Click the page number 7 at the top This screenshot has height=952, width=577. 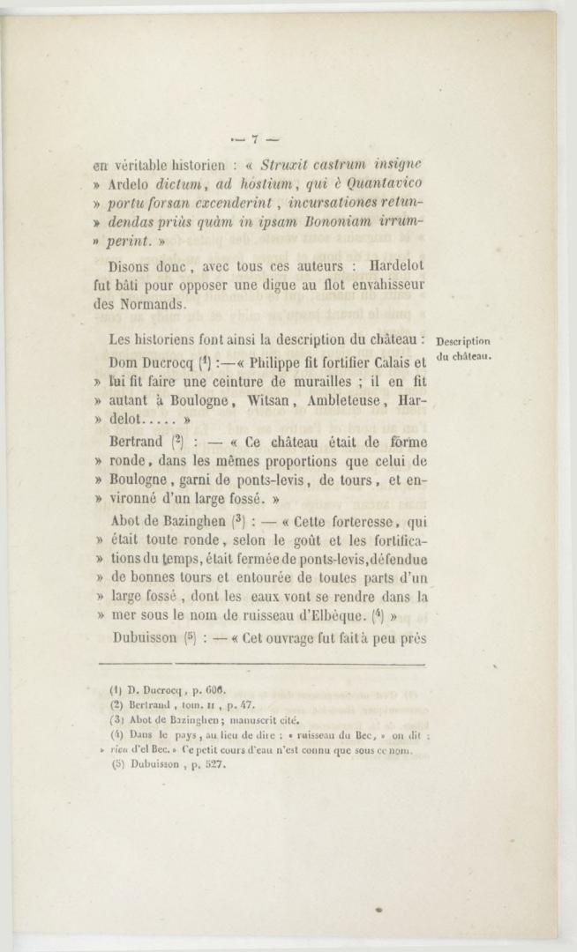[253, 138]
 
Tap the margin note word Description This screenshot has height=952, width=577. [463, 342]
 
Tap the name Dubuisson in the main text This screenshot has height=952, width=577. [145, 638]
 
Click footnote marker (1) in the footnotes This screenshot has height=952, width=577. [115, 690]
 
